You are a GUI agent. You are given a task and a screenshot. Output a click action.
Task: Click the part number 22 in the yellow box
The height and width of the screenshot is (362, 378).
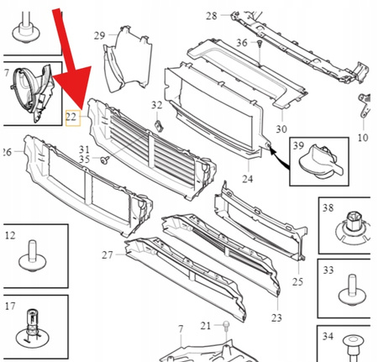72,120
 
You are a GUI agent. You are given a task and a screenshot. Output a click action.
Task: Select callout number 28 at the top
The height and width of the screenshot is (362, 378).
211,16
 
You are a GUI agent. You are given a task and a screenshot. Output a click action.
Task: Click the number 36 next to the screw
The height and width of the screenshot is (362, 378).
242,42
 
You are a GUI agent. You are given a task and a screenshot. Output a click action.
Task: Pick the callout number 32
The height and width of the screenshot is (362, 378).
156,105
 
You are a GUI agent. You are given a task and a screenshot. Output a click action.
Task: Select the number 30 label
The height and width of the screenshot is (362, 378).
281,129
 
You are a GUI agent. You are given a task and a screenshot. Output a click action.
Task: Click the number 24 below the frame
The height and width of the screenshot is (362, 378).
247,179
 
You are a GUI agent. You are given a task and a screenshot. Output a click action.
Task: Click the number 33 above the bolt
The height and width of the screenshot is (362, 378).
328,270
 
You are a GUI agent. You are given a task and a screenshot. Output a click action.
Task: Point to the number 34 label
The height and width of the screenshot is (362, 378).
328,338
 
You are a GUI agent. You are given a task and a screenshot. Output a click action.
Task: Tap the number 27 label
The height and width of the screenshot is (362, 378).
108,254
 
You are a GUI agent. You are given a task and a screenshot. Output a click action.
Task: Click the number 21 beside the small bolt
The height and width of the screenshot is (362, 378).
206,326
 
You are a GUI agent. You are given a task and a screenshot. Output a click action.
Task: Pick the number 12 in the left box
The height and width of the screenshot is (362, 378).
10,236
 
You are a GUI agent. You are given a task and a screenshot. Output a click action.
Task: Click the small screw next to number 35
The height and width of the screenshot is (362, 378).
104,158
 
